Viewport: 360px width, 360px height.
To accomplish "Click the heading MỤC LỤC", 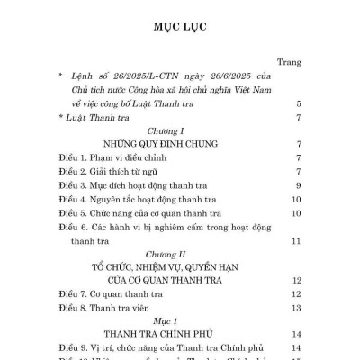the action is pyautogui.click(x=180, y=26).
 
